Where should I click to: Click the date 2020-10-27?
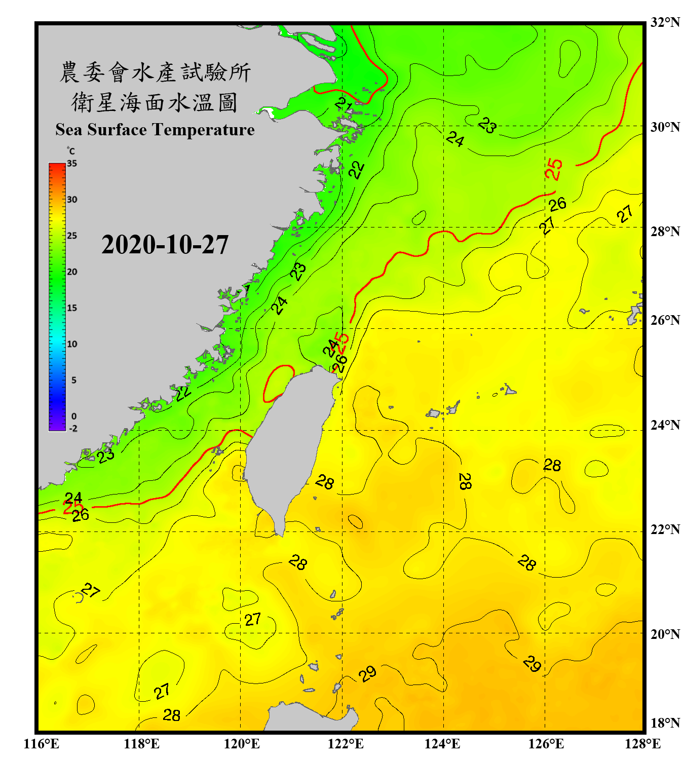pos(165,245)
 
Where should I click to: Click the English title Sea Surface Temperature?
pos(155,130)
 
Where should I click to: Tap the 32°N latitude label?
pos(665,22)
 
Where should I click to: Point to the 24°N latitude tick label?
pos(665,425)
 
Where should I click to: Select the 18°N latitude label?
pos(665,723)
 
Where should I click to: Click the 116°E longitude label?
pos(41,744)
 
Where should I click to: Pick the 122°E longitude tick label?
pos(346,744)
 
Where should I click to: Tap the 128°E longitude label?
pos(642,744)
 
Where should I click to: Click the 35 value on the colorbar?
pos(72,163)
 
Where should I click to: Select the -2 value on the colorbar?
pos(73,428)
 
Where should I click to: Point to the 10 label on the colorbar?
pos(72,344)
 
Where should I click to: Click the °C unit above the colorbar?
pos(71,151)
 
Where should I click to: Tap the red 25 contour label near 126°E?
pos(554,169)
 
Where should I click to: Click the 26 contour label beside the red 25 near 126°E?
pos(557,204)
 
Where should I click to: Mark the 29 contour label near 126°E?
pos(532,663)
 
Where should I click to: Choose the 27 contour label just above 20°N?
pos(252,619)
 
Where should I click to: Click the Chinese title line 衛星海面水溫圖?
pos(155,102)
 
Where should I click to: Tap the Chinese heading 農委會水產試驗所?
pos(155,72)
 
